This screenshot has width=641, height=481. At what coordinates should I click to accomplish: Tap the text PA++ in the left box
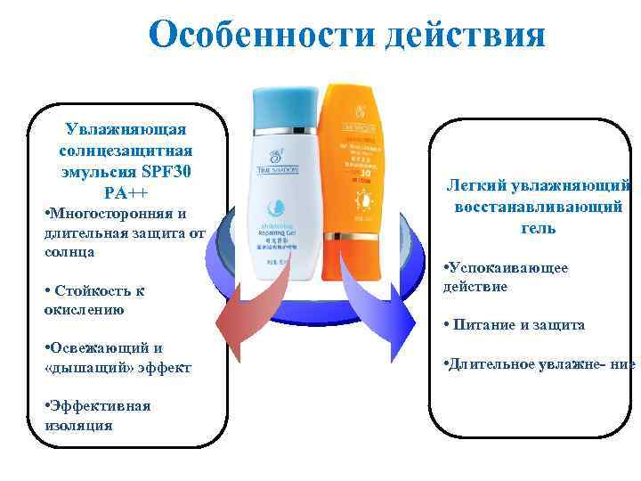pos(125,192)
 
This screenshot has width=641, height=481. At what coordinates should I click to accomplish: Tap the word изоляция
pos(77,425)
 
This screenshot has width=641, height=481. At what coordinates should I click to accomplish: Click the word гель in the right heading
pos(539,228)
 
